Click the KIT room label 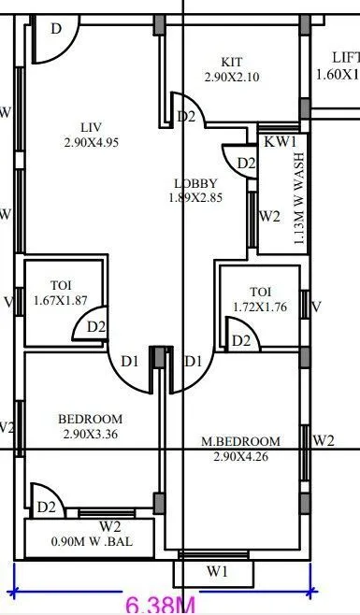(231, 62)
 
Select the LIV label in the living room (91, 127)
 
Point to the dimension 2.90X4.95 (92, 142)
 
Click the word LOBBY (195, 183)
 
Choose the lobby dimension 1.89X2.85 (196, 197)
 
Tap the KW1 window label (280, 142)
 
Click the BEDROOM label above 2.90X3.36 (90, 419)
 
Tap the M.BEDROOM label (241, 441)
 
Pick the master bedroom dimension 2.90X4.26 (241, 456)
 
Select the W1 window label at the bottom (216, 570)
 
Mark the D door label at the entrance (56, 29)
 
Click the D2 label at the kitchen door (186, 117)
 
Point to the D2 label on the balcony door (47, 508)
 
